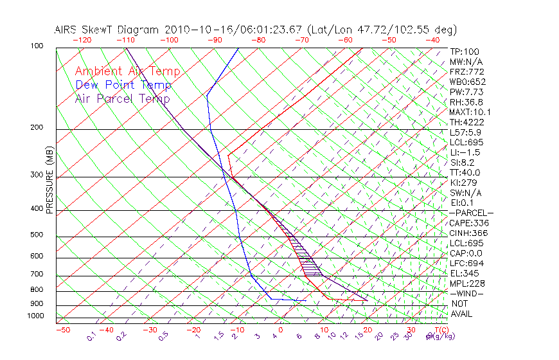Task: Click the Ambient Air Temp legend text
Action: [127, 71]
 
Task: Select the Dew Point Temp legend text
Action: [123, 85]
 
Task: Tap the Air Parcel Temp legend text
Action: [122, 98]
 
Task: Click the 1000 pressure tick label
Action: [36, 316]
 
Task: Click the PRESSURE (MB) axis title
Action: [49, 181]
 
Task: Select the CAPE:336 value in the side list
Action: [469, 223]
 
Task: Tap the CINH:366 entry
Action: [469, 233]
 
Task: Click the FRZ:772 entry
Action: [467, 71]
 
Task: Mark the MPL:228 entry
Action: [467, 283]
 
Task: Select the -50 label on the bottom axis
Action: [62, 330]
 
